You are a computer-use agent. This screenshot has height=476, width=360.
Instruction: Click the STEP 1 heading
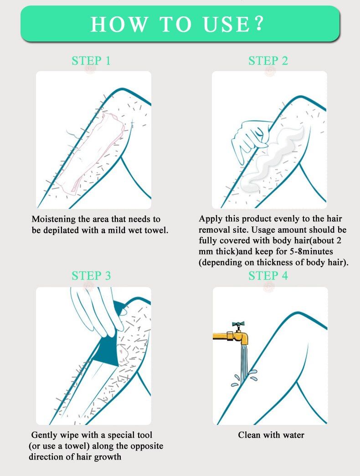(91, 61)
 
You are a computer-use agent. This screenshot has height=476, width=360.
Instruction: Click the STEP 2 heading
(268, 61)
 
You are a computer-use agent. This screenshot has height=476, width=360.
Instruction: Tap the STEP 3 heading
(91, 276)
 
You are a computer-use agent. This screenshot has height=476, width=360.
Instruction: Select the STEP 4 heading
(268, 276)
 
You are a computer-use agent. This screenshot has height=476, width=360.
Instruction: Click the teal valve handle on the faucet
(238, 324)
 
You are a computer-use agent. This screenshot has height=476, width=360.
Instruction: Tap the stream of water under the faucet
(244, 364)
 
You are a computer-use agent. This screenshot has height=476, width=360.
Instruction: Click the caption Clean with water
(271, 435)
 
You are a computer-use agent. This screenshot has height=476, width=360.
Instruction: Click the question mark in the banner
(259, 24)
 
